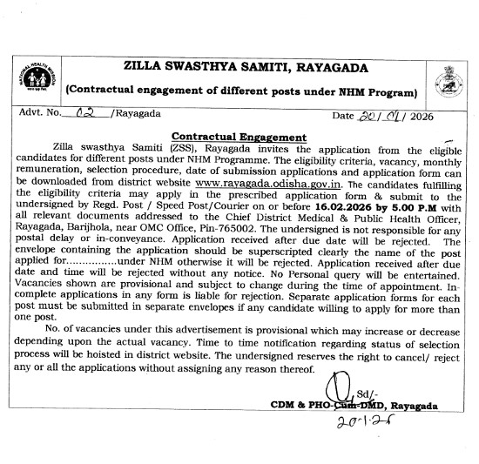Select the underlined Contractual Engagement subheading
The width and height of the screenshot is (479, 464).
[239, 137]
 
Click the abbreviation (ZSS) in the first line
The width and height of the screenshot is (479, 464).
[186, 149]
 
